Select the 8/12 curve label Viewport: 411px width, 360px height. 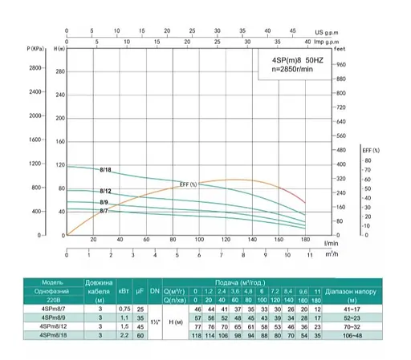[x=105, y=191]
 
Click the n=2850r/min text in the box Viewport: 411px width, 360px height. [x=297, y=71]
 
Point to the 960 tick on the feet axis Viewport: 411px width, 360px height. [x=340, y=64]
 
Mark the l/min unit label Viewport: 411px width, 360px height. [x=331, y=243]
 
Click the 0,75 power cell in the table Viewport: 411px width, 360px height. [x=123, y=308]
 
